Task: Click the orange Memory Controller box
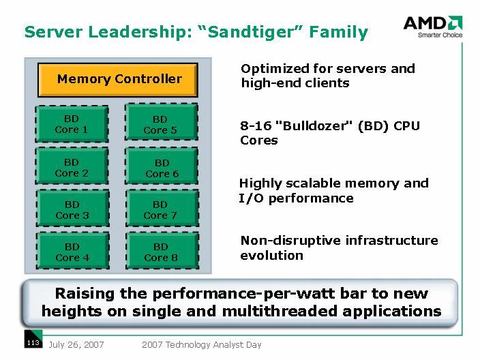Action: [117, 79]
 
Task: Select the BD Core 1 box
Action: [72, 124]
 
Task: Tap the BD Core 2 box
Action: [72, 168]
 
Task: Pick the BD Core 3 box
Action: [72, 210]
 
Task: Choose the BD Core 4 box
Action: [72, 252]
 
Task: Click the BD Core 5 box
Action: [161, 124]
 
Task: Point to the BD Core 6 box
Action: [161, 168]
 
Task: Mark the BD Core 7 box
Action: [161, 210]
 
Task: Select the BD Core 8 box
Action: [161, 252]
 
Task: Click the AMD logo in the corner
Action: [432, 26]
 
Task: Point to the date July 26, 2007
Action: [76, 345]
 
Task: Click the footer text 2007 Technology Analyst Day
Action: [202, 345]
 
